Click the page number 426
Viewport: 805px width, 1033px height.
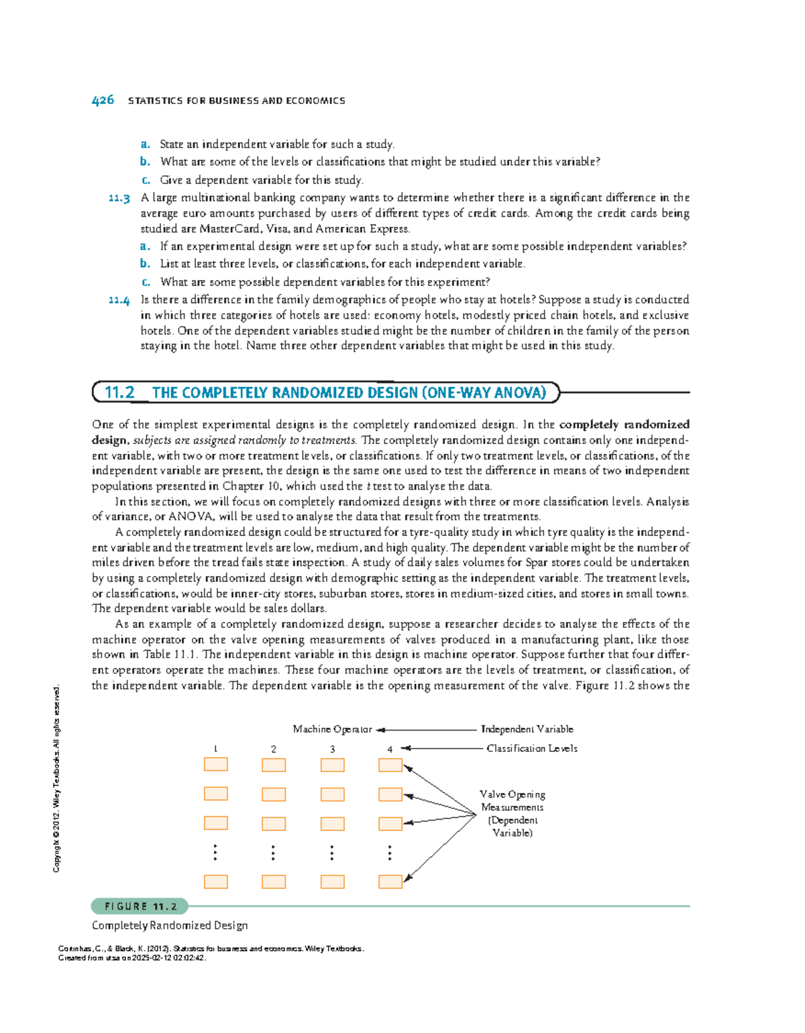coord(103,101)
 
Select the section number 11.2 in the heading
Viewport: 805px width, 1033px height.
coord(119,392)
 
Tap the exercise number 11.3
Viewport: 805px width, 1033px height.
coord(119,198)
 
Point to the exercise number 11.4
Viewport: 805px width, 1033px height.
coord(119,300)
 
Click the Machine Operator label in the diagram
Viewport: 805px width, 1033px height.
coord(332,729)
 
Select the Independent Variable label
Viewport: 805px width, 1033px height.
coord(527,729)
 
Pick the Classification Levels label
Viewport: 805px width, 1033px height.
coord(531,748)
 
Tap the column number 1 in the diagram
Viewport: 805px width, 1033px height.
coord(215,749)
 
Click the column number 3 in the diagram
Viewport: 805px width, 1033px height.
coord(332,749)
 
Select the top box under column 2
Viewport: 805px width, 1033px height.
coord(274,765)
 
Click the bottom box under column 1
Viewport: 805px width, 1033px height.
coord(215,881)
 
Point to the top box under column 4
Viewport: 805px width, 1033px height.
coord(390,765)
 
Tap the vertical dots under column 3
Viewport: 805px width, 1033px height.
coord(332,853)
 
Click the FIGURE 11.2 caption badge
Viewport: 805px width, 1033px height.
coord(140,906)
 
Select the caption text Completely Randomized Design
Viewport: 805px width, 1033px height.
coord(170,926)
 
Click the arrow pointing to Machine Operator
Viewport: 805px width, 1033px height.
coord(426,730)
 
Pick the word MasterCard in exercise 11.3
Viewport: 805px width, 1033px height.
coord(231,229)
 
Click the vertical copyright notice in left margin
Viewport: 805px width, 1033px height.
coord(57,778)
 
